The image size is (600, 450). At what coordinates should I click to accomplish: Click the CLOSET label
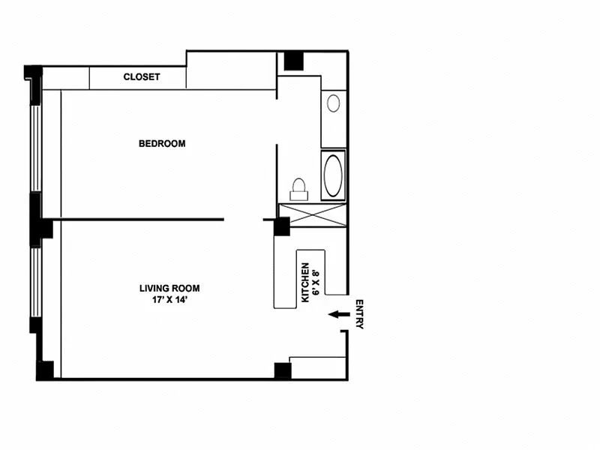(142, 77)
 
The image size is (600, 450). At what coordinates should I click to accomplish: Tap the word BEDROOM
(162, 143)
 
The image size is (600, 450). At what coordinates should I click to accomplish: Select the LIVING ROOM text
(169, 288)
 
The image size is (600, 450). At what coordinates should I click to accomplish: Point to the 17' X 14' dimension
(169, 299)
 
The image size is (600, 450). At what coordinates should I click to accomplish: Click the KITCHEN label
(305, 283)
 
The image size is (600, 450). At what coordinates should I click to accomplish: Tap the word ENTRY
(359, 314)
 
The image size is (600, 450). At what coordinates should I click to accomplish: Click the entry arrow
(339, 314)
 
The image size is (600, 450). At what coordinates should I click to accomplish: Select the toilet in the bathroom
(298, 189)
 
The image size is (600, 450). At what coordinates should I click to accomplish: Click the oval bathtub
(333, 175)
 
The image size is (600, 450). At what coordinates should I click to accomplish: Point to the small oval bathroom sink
(333, 103)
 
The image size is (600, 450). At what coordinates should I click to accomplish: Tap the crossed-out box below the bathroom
(313, 215)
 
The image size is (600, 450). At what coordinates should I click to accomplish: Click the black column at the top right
(293, 61)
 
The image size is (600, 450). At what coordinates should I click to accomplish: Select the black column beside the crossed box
(282, 226)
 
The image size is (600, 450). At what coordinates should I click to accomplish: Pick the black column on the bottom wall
(283, 370)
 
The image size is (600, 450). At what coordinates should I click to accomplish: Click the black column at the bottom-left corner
(45, 370)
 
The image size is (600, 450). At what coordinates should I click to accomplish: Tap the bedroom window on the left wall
(35, 148)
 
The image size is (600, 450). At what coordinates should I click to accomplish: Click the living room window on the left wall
(35, 282)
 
